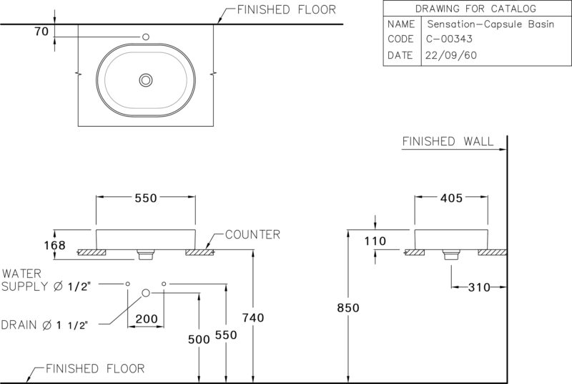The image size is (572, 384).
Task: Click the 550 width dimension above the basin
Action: tap(146, 198)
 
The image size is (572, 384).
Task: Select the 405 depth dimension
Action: tap(451, 198)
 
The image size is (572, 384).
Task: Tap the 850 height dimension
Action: tap(348, 308)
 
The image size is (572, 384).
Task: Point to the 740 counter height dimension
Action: tap(253, 317)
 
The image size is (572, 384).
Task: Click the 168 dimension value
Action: tap(55, 245)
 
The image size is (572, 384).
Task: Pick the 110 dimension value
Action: tap(375, 241)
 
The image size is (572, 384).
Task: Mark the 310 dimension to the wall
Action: tap(479, 287)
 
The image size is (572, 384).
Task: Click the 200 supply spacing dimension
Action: tap(147, 319)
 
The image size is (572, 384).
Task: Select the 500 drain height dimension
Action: tap(199, 340)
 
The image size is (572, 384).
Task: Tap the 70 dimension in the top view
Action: tap(41, 32)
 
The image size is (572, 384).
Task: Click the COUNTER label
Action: tap(252, 234)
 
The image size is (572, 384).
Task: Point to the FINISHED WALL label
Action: tap(448, 141)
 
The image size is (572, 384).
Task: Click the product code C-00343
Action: tap(449, 39)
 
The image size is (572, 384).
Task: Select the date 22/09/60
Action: tap(451, 55)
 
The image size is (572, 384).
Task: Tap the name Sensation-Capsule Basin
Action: tap(490, 24)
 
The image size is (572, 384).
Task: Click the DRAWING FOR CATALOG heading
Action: tap(475, 9)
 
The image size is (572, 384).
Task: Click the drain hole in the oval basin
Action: tap(146, 80)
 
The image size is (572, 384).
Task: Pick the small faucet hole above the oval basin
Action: tap(146, 37)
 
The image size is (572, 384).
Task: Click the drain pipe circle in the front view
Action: tap(146, 293)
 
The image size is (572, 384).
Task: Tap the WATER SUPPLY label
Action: tap(46, 280)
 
